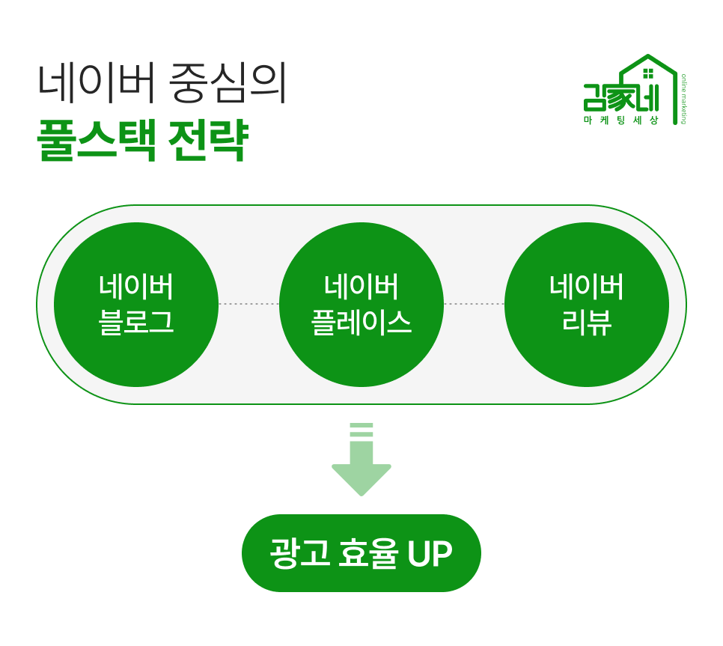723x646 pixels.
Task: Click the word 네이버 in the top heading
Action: coord(96,83)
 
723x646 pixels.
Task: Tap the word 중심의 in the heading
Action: coord(228,83)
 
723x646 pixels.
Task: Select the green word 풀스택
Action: coord(97,140)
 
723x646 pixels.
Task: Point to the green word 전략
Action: coord(208,140)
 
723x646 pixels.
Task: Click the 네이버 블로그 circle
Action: coord(136,305)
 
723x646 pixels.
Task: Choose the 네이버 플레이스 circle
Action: coord(361,305)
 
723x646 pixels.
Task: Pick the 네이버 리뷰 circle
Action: coord(587,305)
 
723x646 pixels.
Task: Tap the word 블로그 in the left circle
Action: coord(136,322)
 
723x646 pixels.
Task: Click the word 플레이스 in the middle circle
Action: coord(361,322)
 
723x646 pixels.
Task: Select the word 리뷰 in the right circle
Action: coord(587,322)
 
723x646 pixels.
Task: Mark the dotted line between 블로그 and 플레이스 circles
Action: coord(249,304)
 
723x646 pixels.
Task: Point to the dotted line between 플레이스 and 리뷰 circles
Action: coord(474,304)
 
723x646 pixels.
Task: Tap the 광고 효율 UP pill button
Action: coord(361,553)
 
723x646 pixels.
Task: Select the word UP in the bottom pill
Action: coord(430,553)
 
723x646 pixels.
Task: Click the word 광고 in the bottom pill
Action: coord(299,553)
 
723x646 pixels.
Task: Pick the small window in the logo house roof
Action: coord(648,74)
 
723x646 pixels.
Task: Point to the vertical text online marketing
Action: coord(683,99)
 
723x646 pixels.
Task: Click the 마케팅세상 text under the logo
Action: coord(621,121)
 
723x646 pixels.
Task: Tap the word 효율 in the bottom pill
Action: coord(368,553)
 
